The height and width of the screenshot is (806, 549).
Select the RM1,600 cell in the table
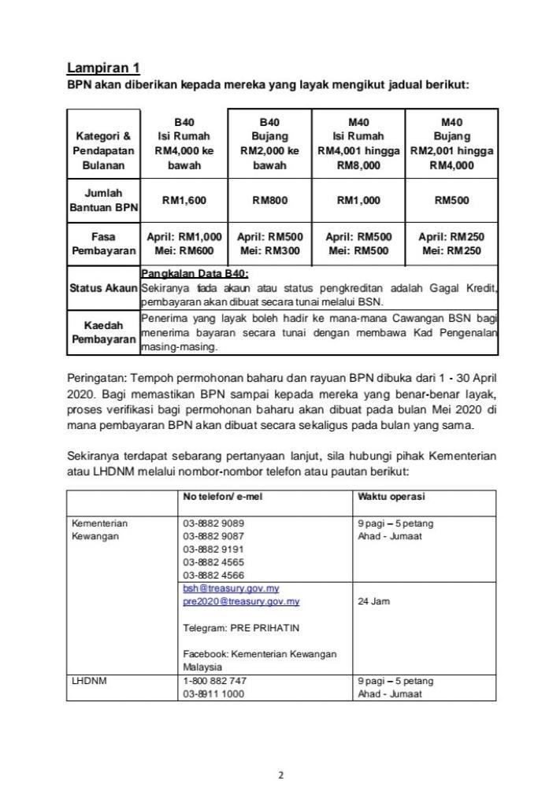tap(184, 201)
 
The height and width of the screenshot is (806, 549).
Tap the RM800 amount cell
tap(269, 201)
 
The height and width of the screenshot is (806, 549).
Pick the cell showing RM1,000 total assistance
tap(358, 201)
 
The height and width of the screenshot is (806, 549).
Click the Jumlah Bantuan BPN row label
tap(103, 201)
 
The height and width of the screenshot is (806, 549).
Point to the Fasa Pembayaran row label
tap(103, 243)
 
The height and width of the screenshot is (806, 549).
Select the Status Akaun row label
tap(103, 288)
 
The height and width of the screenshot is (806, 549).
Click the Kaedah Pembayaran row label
tap(103, 332)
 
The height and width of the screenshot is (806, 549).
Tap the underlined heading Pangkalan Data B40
tap(194, 274)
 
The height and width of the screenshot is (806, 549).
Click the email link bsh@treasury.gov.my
tap(231, 588)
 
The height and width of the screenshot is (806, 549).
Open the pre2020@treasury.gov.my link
tap(241, 601)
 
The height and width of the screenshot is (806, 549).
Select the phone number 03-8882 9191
tap(213, 549)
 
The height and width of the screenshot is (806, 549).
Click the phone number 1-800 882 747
tap(214, 681)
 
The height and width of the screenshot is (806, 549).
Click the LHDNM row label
tap(87, 681)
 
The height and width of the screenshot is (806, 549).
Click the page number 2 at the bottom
tap(280, 775)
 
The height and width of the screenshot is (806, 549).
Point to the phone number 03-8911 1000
tap(213, 693)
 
